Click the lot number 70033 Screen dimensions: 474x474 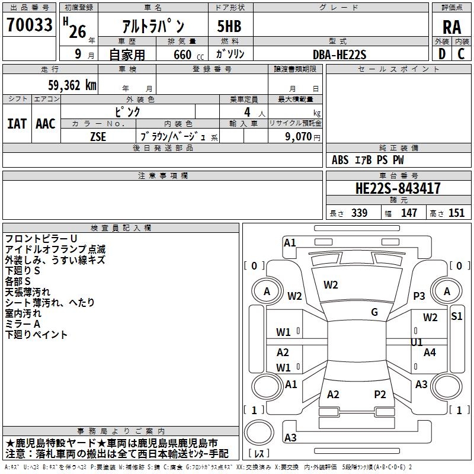point(29,24)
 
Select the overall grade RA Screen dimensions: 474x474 point(451,27)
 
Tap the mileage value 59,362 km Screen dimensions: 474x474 point(72,85)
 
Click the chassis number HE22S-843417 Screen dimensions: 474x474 point(398,188)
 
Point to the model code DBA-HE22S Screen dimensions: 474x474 point(340,55)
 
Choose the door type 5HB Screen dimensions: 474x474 point(229,26)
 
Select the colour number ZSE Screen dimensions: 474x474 point(98,137)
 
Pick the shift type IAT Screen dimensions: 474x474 point(17,124)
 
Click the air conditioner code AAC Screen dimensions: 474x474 point(46,124)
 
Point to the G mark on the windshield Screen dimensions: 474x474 point(374,312)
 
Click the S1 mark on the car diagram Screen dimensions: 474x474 point(456,316)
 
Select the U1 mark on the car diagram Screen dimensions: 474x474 point(417,342)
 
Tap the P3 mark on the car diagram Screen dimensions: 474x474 point(419,296)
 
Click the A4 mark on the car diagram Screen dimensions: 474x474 point(430,352)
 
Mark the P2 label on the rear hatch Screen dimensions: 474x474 point(380,394)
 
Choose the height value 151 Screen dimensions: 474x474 point(456,213)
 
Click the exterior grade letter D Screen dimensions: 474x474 point(442,54)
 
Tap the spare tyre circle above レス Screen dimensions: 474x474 point(259,432)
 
